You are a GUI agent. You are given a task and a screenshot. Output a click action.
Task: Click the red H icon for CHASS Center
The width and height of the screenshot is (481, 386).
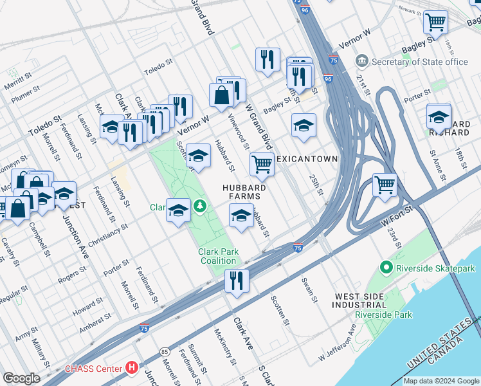132,368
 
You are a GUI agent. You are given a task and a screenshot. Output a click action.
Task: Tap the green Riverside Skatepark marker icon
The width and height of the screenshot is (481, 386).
386,266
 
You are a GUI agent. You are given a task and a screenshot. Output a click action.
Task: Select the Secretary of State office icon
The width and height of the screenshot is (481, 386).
362,61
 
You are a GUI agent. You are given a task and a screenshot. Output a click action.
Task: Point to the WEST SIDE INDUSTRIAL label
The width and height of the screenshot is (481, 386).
360,300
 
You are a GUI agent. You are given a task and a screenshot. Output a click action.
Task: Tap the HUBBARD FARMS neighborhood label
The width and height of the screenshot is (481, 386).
244,192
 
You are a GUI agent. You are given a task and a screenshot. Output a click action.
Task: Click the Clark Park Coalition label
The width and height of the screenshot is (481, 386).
218,256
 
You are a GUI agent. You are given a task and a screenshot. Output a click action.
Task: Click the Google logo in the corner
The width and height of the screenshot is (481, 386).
21,378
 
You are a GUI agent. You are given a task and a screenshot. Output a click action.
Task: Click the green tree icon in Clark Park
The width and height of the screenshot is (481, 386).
201,206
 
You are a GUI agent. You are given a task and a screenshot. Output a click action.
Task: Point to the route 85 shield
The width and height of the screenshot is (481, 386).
166,351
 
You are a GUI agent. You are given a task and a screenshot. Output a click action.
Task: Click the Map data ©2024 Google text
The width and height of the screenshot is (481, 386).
440,381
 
